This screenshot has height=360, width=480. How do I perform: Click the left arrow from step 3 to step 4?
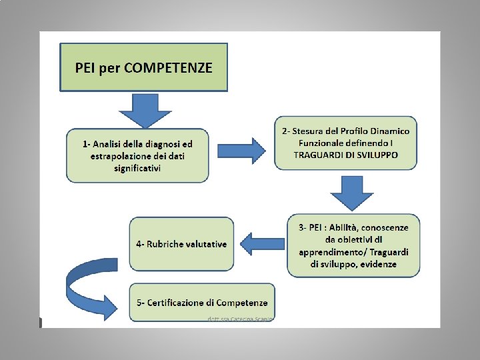click(262, 243)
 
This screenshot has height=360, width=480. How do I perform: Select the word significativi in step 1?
click(137, 168)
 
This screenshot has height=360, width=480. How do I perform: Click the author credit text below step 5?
click(241, 319)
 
